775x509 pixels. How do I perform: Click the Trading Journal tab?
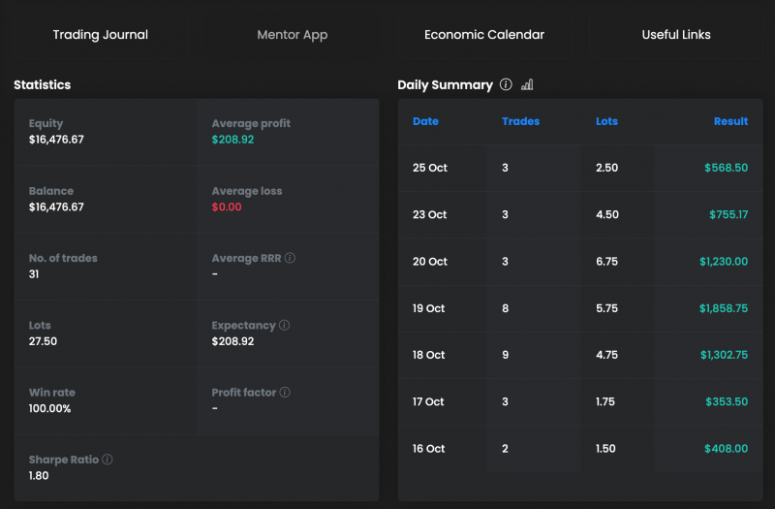101,35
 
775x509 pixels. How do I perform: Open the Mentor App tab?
293,35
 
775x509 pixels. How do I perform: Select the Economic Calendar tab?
484,35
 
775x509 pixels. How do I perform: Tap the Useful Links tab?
676,35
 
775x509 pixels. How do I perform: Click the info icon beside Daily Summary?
506,85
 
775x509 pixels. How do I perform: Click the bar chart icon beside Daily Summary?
527,85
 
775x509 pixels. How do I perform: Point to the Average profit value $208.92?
233,140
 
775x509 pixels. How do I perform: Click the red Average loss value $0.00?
227,207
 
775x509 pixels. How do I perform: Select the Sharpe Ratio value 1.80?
39,476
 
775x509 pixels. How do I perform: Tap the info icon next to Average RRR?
291,259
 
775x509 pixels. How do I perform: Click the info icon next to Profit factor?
286,393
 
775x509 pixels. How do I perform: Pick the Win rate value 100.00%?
49,408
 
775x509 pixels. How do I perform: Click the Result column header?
730,121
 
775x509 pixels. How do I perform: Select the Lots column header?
606,121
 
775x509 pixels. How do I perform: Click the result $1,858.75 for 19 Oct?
724,308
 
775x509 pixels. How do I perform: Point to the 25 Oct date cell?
430,168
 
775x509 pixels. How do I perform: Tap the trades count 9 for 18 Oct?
505,355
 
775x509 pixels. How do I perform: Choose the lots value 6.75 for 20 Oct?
607,262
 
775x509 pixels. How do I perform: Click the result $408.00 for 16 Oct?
727,449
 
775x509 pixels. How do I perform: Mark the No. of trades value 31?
36,274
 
